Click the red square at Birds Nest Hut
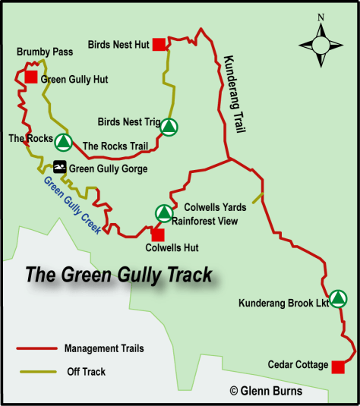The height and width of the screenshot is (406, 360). (159, 45)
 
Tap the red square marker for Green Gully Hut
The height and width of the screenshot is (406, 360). (31, 77)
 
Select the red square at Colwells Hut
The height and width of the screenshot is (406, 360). (158, 234)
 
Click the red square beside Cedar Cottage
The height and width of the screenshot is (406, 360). (337, 367)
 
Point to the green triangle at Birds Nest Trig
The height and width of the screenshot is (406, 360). (169, 127)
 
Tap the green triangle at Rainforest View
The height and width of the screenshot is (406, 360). (163, 213)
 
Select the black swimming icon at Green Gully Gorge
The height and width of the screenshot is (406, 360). (59, 168)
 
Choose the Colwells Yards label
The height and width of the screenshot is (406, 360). (216, 207)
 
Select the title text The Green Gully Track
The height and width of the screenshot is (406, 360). (119, 274)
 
